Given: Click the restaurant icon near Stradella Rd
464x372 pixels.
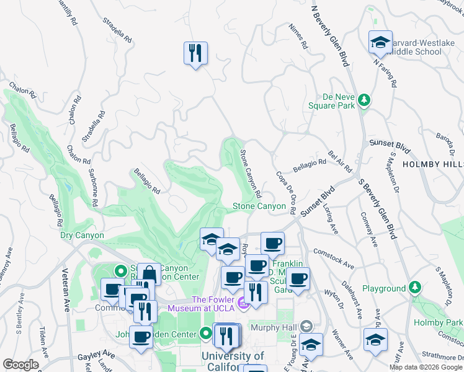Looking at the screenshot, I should [x=195, y=53].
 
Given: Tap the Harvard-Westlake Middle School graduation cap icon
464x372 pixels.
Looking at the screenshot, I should [x=380, y=42].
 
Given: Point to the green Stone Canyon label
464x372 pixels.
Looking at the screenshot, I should [x=259, y=206].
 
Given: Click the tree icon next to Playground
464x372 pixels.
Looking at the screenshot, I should [x=415, y=288].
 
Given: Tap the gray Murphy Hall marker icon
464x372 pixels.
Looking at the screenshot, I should [x=306, y=326].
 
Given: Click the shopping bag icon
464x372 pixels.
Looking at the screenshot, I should [x=149, y=273].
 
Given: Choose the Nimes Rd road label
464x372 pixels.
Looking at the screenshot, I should [x=298, y=37].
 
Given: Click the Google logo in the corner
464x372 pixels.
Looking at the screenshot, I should [x=20, y=365].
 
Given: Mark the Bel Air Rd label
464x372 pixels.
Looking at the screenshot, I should [x=340, y=160].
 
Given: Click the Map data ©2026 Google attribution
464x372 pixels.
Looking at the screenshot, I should [x=426, y=367].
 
